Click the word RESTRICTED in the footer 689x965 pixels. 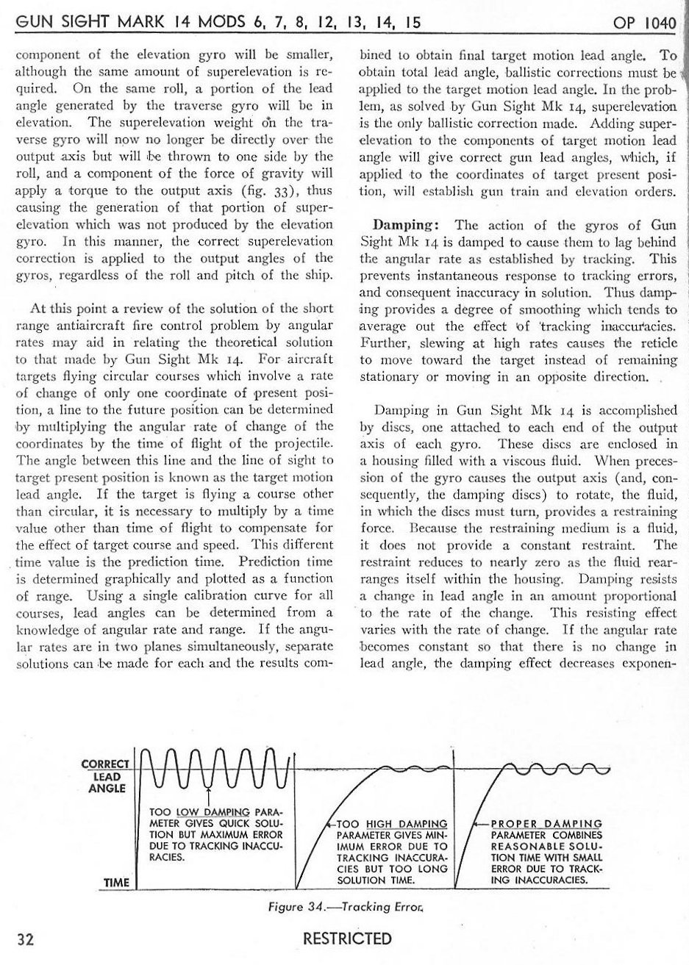[x=347, y=939]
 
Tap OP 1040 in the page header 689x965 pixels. [x=644, y=23]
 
